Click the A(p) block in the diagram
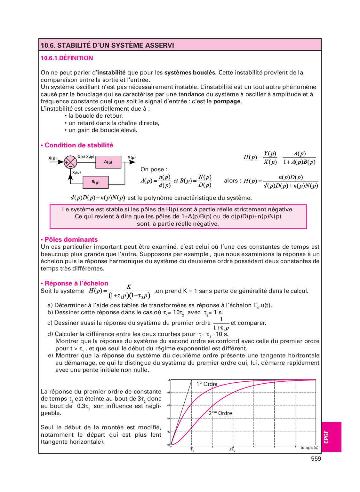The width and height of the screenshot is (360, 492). (x=108, y=162)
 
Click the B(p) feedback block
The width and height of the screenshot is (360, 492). (x=95, y=182)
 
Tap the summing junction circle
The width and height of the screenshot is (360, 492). (x=70, y=162)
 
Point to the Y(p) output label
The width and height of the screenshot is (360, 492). (x=132, y=157)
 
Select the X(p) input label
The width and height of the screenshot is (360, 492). (x=52, y=158)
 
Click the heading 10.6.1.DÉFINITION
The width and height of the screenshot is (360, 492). (x=67, y=58)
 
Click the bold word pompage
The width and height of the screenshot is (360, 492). (x=227, y=101)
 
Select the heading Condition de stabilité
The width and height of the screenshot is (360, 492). (x=79, y=145)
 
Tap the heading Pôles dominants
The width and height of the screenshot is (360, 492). (x=71, y=239)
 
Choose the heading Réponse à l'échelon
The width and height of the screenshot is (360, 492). (x=76, y=283)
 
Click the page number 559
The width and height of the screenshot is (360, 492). (x=316, y=459)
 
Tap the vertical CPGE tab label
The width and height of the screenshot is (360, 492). (x=326, y=437)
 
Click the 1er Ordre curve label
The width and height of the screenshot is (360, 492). (x=207, y=384)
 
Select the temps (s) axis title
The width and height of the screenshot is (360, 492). (x=309, y=448)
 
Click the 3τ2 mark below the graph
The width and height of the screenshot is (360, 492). (x=232, y=449)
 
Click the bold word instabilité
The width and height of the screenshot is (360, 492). (x=111, y=73)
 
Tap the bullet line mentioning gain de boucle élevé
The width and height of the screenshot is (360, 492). (x=102, y=130)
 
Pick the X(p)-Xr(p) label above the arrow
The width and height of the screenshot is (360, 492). (x=86, y=157)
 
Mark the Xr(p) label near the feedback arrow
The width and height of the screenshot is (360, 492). (x=76, y=172)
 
